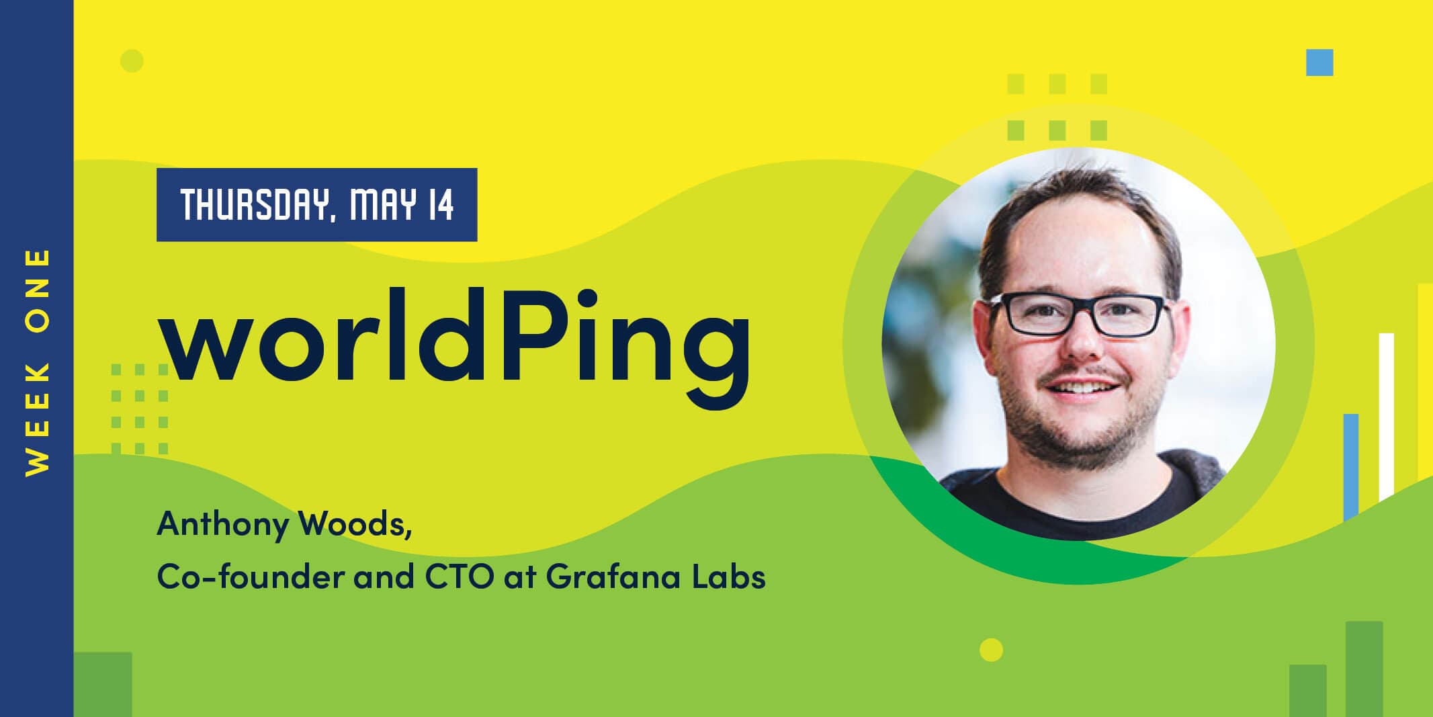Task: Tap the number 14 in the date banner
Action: point(441,205)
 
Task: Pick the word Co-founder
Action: point(251,576)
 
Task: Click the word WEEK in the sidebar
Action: point(38,419)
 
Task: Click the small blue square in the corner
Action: point(1319,62)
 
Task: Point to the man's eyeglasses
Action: point(1080,314)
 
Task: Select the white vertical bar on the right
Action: point(1386,417)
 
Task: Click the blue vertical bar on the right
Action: point(1351,467)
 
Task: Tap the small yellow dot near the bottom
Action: point(991,650)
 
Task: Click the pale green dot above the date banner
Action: point(132,60)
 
